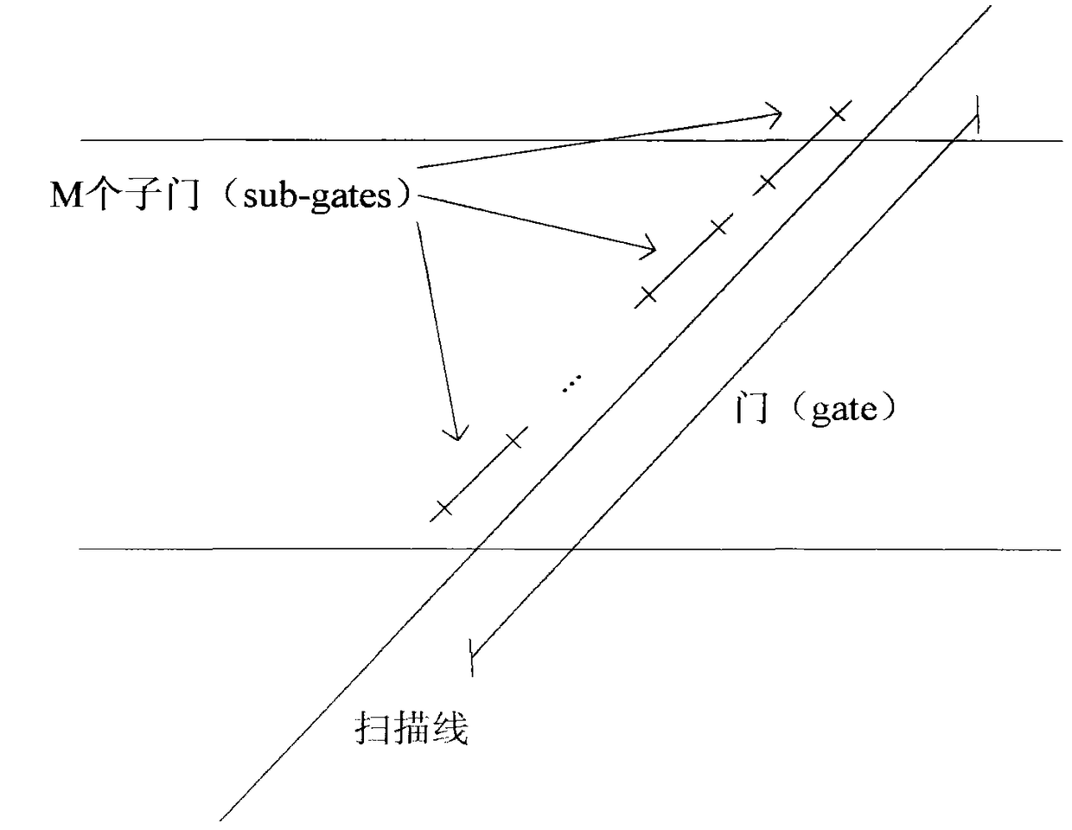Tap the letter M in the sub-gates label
[x=66, y=197]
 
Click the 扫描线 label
[x=412, y=729]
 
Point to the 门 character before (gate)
[x=750, y=408]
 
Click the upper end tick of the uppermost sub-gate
[x=836, y=112]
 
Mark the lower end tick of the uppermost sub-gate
[x=766, y=183]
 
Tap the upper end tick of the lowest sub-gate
[x=514, y=439]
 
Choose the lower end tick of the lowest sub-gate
[x=443, y=508]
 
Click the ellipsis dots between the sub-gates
[x=571, y=383]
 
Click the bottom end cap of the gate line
[x=472, y=655]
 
